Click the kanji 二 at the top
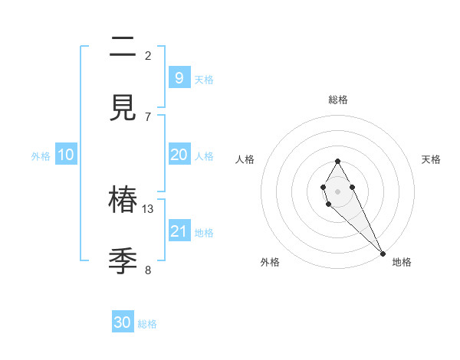point(123,47)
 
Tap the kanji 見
point(123,109)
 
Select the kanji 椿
point(123,201)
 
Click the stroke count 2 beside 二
point(148,55)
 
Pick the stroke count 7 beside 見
point(148,116)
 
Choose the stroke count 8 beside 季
point(148,270)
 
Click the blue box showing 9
point(179,77)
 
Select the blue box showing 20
point(179,155)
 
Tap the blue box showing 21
point(179,231)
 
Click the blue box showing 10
point(66,155)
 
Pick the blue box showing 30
point(123,322)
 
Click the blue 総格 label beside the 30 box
point(147,324)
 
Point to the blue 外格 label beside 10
point(41,156)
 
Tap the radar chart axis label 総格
point(337,100)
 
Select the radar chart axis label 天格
point(431,159)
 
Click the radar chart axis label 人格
point(245,159)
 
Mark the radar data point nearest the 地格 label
point(383,253)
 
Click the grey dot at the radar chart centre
point(337,190)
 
